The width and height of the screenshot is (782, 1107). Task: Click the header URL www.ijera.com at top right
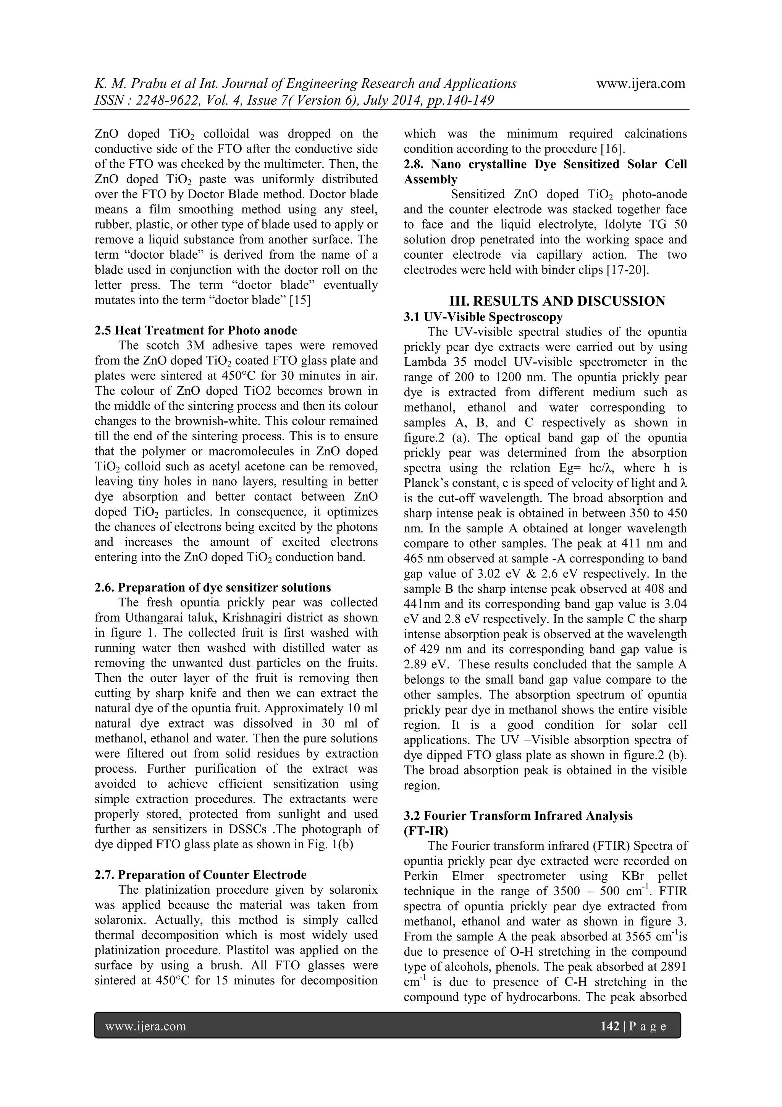click(640, 84)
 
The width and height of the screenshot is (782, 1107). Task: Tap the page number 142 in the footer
click(609, 1026)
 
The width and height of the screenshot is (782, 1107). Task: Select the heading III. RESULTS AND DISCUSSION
click(557, 301)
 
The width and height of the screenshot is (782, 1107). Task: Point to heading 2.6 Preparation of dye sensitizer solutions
click(212, 587)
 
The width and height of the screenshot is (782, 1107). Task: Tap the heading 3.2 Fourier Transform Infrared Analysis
click(518, 816)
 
